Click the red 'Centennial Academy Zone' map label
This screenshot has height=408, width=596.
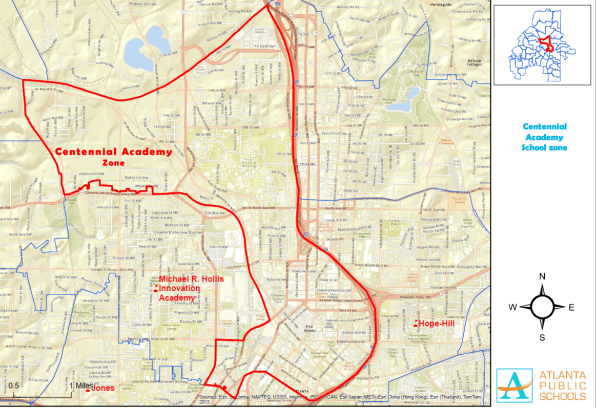coord(113,157)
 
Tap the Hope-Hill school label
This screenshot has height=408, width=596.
coord(436,324)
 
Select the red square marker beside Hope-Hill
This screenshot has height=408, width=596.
coord(416,323)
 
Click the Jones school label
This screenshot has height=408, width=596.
coord(102,389)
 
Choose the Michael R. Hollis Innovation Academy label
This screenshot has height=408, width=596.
coord(179,288)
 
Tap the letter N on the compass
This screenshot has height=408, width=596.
coord(542,277)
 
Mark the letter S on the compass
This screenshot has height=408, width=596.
coord(542,337)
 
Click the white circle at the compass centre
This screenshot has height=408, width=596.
coord(542,307)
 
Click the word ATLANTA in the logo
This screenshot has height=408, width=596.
coord(562,374)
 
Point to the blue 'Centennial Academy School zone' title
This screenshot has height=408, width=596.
coord(544,137)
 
